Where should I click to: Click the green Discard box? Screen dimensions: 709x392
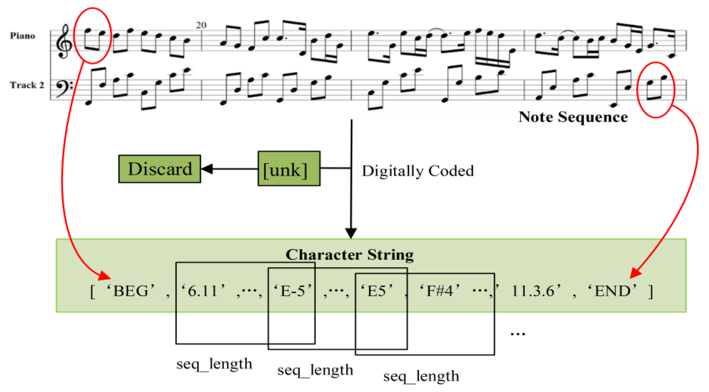[160, 169]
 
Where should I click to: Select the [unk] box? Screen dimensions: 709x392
[289, 169]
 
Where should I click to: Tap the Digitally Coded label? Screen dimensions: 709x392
[418, 171]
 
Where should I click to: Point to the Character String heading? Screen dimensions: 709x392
[350, 255]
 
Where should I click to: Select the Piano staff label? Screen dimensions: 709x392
[23, 36]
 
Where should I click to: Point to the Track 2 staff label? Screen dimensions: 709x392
[27, 85]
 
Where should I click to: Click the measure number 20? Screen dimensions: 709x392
[201, 25]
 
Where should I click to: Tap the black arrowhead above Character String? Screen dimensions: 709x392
[351, 233]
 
